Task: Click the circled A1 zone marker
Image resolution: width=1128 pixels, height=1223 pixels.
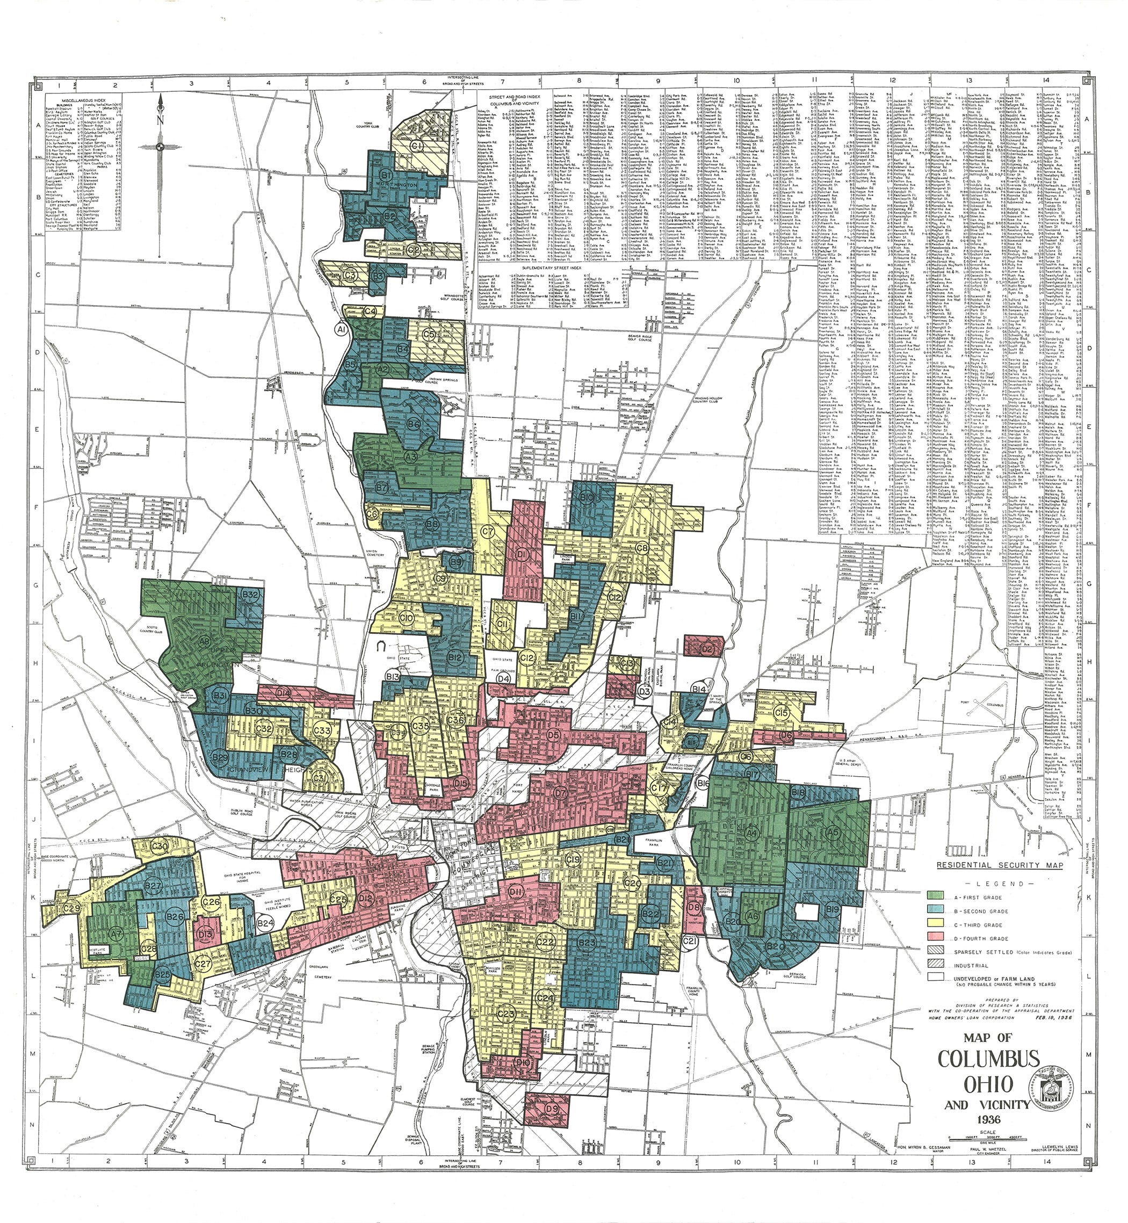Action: [x=341, y=330]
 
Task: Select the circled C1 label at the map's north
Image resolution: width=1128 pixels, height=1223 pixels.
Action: [x=417, y=146]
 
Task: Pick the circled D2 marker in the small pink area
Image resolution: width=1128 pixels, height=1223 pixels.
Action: [x=707, y=650]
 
